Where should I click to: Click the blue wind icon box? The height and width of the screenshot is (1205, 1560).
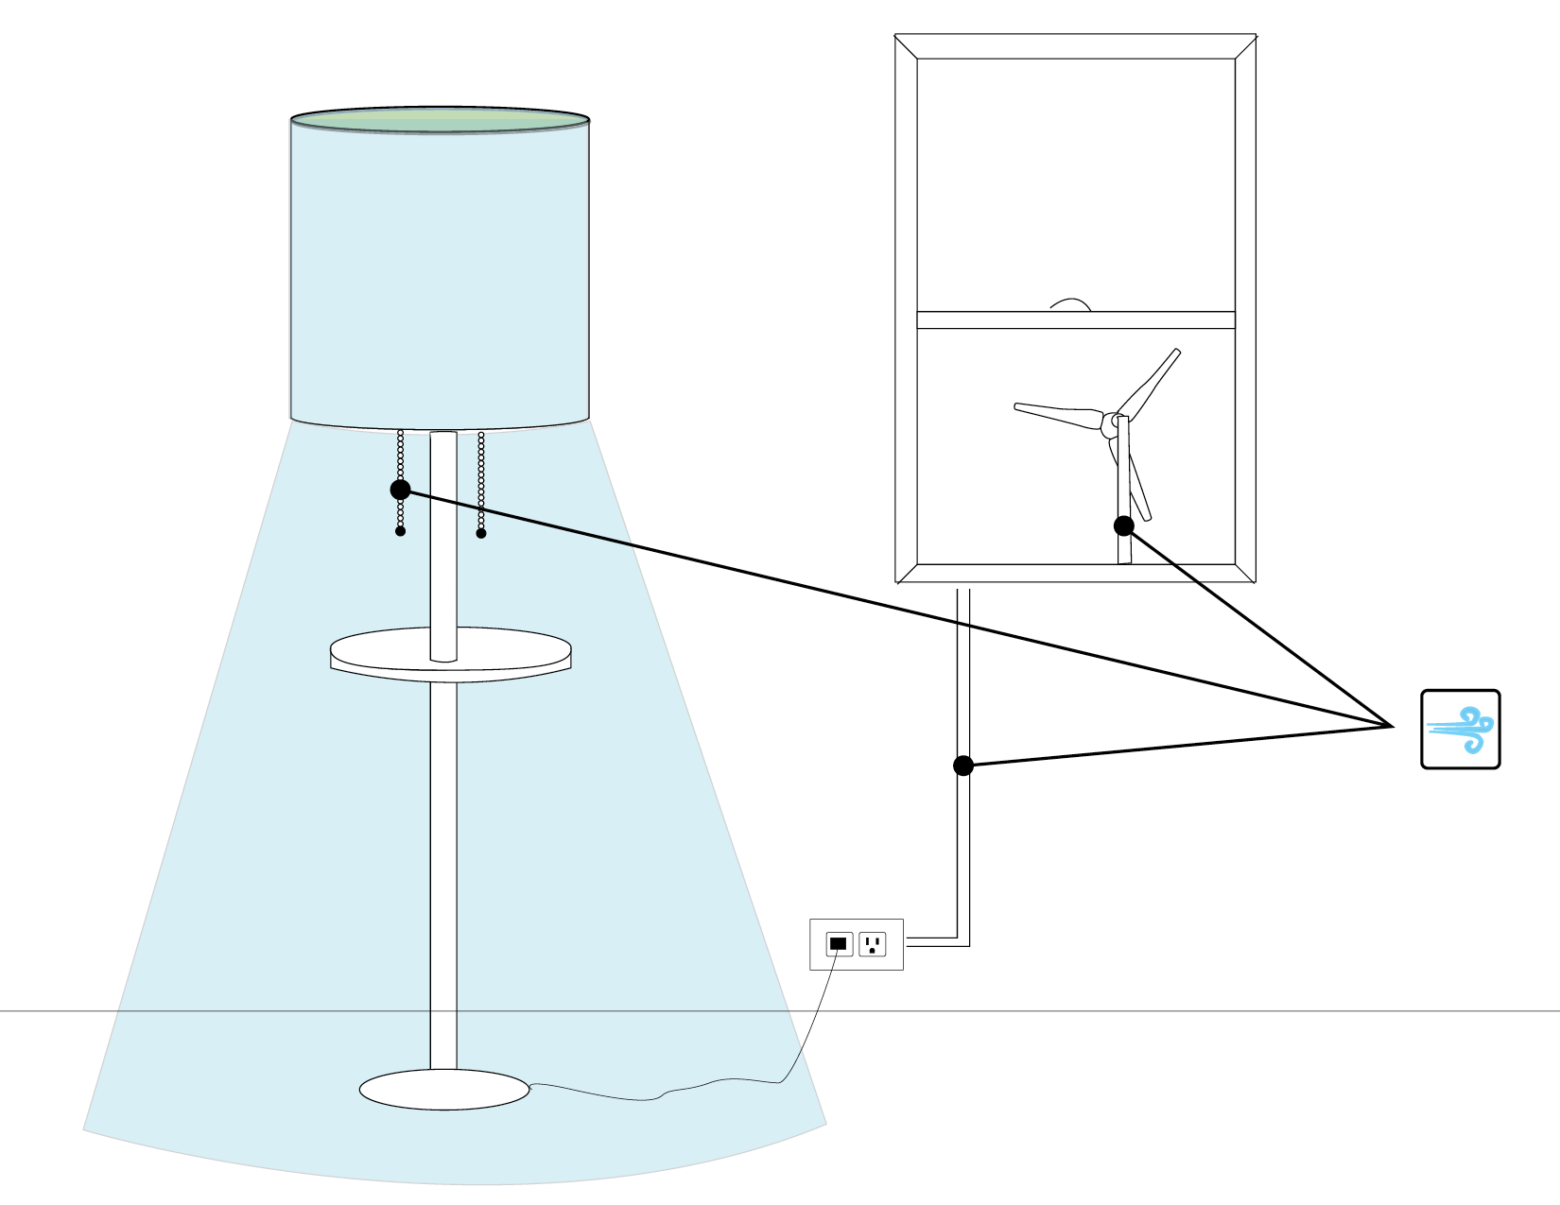[x=1460, y=729]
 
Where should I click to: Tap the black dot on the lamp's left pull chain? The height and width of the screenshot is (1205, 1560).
[x=400, y=490]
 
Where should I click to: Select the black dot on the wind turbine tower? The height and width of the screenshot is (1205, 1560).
[x=1123, y=525]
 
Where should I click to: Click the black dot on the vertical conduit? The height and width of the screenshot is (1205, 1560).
[x=962, y=766]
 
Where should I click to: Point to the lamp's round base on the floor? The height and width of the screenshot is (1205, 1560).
[x=443, y=1090]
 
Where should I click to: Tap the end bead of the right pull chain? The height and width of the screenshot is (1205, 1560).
[x=481, y=533]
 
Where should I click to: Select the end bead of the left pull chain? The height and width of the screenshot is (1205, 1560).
[x=400, y=531]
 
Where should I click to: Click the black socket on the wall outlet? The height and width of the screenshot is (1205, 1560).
[x=838, y=943]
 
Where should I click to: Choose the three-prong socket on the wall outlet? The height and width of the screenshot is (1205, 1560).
[x=872, y=943]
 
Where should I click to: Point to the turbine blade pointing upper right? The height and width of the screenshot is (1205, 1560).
[x=1152, y=382]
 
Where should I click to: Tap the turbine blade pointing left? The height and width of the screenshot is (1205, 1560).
[x=1054, y=413]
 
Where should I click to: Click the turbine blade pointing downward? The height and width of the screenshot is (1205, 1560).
[x=1139, y=487]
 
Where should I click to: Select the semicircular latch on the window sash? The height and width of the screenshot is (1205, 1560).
[x=1070, y=305]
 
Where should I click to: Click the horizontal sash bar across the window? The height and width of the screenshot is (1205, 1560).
[x=1076, y=320]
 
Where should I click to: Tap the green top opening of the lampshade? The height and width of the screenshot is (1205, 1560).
[x=440, y=120]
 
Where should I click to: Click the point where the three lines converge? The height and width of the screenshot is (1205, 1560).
[x=1393, y=726]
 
